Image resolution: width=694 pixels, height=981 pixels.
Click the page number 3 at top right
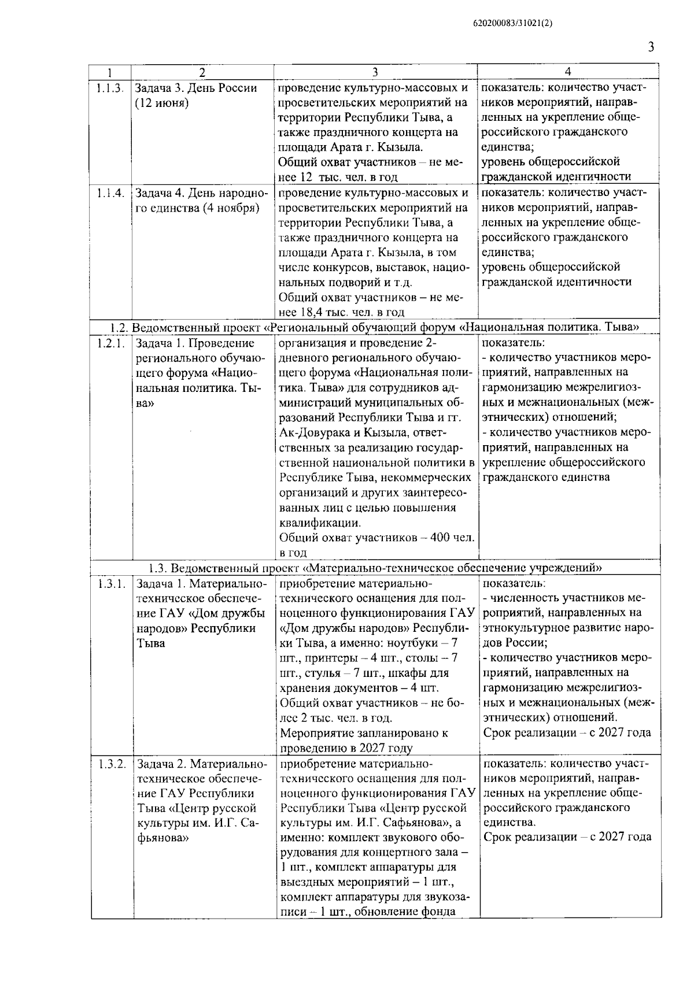coord(651,47)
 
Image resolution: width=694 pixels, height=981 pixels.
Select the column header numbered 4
coord(568,72)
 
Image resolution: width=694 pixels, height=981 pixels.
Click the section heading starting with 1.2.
coord(375,327)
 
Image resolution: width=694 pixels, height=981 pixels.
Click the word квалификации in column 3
coord(319,523)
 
